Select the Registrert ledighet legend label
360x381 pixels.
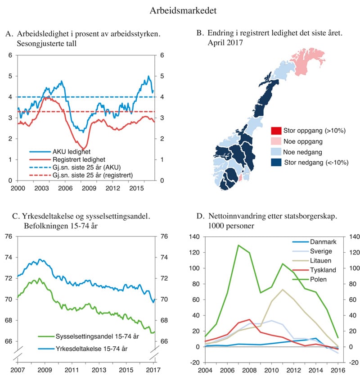(77, 159)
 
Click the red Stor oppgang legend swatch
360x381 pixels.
(276, 131)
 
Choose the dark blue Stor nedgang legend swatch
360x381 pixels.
(276, 163)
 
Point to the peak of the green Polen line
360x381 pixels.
(238, 245)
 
